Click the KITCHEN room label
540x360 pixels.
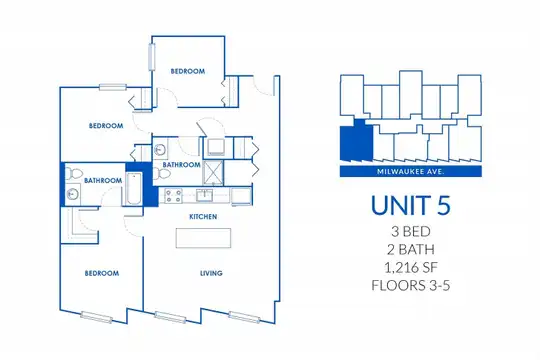point(203,217)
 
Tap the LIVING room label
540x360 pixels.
point(211,273)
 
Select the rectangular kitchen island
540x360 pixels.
point(203,238)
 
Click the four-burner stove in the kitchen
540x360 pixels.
point(173,196)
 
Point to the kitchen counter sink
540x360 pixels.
point(205,195)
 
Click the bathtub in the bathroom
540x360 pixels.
point(133,189)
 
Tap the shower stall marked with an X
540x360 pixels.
point(213,173)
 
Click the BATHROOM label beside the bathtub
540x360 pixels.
point(103,181)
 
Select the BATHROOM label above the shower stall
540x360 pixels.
point(181,165)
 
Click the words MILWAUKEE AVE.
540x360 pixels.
point(411,171)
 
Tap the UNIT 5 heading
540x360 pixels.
point(411,205)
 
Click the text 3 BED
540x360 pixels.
point(411,232)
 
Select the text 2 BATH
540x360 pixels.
point(411,249)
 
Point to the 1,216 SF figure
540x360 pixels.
point(411,268)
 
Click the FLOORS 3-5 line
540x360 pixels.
point(411,286)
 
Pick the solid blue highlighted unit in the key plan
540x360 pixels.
point(356,141)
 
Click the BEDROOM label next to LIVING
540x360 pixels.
point(102,274)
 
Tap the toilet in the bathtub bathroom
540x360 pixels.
point(71,173)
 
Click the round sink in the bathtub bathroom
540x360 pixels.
point(73,195)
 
